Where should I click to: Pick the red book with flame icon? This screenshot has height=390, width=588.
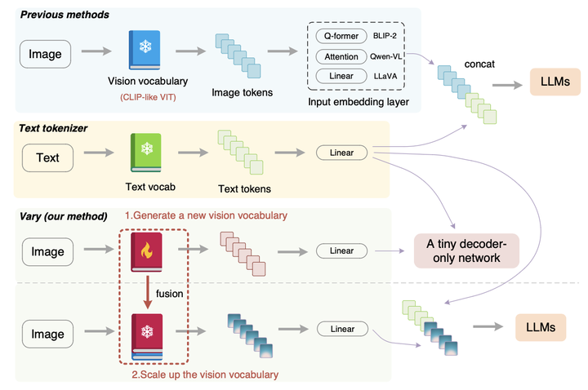[x=147, y=250]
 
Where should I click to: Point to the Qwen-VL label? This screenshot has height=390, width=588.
[x=390, y=56]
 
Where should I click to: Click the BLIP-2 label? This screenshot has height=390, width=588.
[x=389, y=36]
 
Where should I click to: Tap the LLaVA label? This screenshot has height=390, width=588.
[x=389, y=77]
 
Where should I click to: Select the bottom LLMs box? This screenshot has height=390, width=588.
[x=541, y=327]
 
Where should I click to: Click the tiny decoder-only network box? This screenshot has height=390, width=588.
[x=466, y=250]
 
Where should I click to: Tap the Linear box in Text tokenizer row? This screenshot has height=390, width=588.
[x=341, y=153]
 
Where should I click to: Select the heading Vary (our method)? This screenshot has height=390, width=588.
[x=64, y=217]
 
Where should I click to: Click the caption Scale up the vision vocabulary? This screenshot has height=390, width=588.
[x=205, y=374]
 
